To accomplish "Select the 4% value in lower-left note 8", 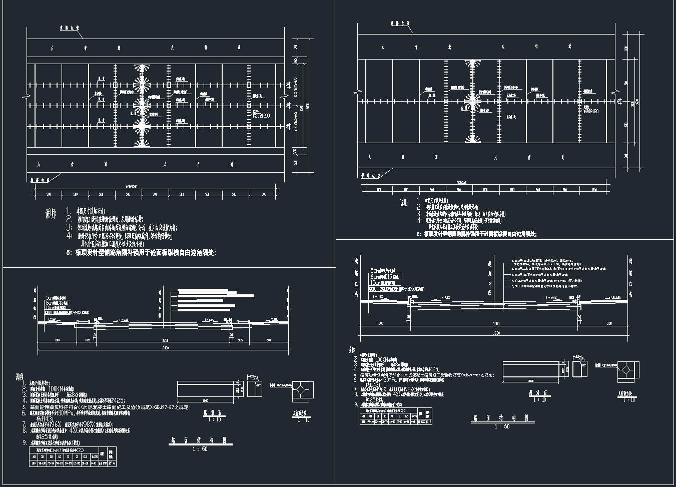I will pyautogui.click(x=73, y=429).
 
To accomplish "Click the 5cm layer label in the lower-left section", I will pyautogui.click(x=52, y=297).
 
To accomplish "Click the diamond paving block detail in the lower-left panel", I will pyautogui.click(x=302, y=391).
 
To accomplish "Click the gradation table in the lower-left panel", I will pyautogui.click(x=73, y=456).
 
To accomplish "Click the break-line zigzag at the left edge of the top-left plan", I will pyautogui.click(x=26, y=95).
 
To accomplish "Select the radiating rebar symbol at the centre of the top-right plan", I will pyautogui.click(x=471, y=101).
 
